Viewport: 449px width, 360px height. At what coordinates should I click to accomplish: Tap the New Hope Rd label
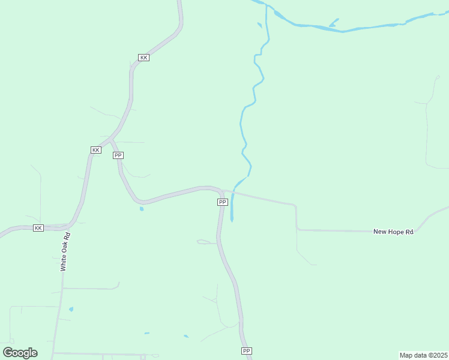pyautogui.click(x=393, y=232)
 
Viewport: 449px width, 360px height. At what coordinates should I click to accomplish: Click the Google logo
pyautogui.click(x=20, y=353)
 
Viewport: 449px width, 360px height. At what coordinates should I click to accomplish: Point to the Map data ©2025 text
pyautogui.click(x=423, y=355)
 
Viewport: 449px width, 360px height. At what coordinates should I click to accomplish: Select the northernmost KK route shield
pyautogui.click(x=143, y=58)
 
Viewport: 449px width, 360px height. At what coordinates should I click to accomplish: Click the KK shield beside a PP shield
pyautogui.click(x=95, y=149)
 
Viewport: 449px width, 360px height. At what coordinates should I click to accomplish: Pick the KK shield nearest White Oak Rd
pyautogui.click(x=38, y=228)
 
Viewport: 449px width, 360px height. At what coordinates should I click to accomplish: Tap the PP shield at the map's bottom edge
pyautogui.click(x=246, y=350)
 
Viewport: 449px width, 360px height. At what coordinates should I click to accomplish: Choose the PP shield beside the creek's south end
pyautogui.click(x=222, y=202)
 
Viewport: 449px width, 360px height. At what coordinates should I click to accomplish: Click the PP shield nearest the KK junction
pyautogui.click(x=118, y=155)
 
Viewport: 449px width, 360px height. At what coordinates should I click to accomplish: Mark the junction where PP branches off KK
pyautogui.click(x=112, y=140)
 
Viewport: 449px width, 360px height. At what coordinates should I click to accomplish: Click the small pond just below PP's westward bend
pyautogui.click(x=142, y=209)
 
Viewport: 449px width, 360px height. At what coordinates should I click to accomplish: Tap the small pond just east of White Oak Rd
pyautogui.click(x=71, y=309)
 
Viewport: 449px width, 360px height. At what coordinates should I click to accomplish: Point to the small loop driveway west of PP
pyautogui.click(x=203, y=242)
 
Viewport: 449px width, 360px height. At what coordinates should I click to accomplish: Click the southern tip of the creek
pyautogui.click(x=232, y=221)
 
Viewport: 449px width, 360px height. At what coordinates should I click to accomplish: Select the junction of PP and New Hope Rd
pyautogui.click(x=224, y=191)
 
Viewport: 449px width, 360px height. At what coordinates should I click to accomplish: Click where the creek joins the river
pyautogui.click(x=267, y=7)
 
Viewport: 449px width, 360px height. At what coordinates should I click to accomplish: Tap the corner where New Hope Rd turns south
pyautogui.click(x=296, y=206)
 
